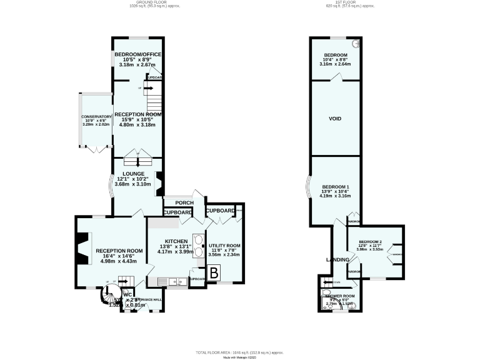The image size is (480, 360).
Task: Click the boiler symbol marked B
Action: click(x=213, y=272)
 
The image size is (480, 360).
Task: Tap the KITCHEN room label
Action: click(x=176, y=241)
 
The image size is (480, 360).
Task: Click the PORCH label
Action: click(x=184, y=202)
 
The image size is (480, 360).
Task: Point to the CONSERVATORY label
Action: click(x=96, y=116)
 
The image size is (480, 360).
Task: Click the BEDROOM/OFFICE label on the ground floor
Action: click(x=138, y=55)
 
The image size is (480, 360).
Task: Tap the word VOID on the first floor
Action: click(x=335, y=118)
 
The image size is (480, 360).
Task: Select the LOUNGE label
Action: click(x=134, y=174)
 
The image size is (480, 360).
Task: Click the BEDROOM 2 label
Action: click(x=370, y=242)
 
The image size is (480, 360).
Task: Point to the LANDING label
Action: click(x=337, y=259)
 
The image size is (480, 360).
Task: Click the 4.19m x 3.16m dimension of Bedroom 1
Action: click(x=336, y=196)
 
